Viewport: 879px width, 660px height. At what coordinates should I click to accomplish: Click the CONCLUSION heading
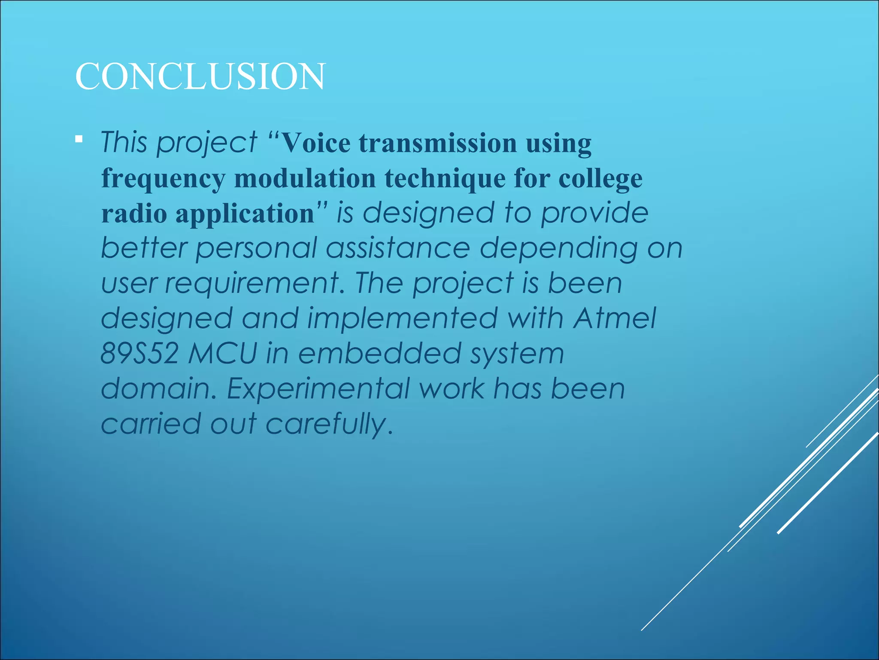pos(200,76)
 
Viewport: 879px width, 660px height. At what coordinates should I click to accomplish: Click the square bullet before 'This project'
pos(79,139)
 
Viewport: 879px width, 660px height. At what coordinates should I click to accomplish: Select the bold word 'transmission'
pos(438,143)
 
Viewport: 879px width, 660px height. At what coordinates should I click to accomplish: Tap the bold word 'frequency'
pos(163,179)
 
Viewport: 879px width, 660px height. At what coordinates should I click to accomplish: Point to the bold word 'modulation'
pos(305,178)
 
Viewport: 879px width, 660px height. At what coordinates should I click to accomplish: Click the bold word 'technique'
pos(445,178)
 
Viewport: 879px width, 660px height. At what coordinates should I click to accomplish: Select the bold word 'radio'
pos(134,213)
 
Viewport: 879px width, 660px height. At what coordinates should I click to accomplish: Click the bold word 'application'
pos(245,214)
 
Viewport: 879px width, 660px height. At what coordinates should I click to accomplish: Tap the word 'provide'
pos(594,213)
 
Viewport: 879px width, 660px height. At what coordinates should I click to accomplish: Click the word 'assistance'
pos(398,248)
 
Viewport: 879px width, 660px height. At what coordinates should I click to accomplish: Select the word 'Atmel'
pos(615,318)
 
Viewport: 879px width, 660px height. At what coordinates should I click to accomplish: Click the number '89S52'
pos(139,354)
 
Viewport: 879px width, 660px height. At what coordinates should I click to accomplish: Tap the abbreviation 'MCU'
pos(222,354)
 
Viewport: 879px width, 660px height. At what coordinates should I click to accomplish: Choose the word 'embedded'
pos(379,354)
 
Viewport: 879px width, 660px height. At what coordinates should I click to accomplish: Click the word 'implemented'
pos(402,318)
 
